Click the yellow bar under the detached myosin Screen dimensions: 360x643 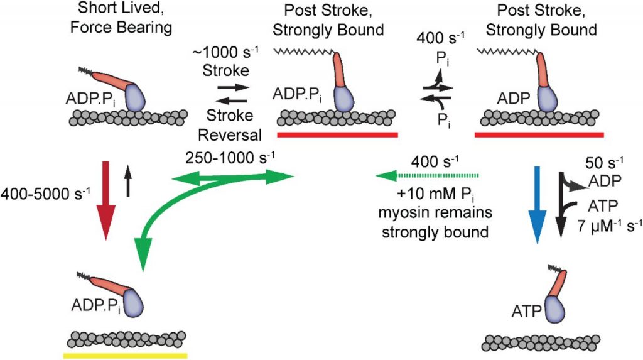(x=125, y=355)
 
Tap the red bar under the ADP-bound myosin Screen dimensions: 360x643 (x=540, y=134)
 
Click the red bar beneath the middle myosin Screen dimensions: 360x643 (x=337, y=134)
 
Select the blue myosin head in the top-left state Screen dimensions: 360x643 (x=134, y=97)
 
